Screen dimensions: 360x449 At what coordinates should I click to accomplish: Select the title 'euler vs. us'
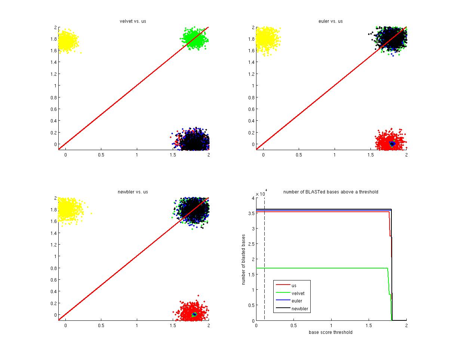click(331, 21)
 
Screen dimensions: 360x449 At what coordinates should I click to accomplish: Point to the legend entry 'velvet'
click(298, 294)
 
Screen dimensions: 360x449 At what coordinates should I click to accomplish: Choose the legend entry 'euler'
click(297, 301)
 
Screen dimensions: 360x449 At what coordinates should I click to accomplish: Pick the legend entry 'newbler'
click(299, 309)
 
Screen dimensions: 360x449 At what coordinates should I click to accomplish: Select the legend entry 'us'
click(294, 286)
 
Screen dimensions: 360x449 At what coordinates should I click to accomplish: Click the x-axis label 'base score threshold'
click(330, 332)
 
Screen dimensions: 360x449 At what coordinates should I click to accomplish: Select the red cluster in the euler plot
click(389, 142)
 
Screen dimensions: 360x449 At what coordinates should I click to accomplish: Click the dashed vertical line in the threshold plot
click(264, 261)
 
